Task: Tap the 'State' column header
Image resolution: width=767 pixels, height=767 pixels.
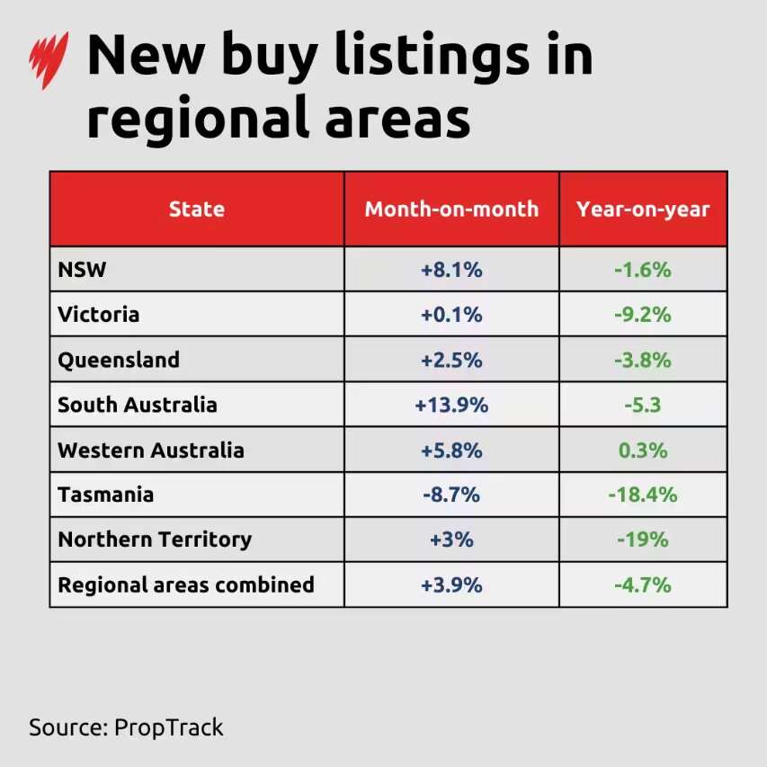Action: coord(196,210)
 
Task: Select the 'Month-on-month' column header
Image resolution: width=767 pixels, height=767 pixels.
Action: coord(451,210)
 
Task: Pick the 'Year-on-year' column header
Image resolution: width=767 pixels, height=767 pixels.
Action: coord(643,210)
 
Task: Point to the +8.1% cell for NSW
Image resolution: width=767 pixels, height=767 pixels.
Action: coord(451,270)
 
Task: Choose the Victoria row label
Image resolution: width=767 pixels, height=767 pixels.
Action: coord(99,315)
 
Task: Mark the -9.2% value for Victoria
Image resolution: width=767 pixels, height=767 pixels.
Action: coord(643,315)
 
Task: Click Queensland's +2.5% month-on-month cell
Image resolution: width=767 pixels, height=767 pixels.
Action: coord(451,360)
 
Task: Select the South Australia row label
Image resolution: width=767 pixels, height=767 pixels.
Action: coord(138,405)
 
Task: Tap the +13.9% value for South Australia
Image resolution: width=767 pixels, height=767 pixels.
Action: coord(451,405)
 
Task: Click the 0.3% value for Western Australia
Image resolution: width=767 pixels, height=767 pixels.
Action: coord(643,450)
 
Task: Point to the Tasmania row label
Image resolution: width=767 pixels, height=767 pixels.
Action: coord(105,495)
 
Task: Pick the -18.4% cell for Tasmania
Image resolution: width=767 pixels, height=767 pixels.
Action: coord(643,495)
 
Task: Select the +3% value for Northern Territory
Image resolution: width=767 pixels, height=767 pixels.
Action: coord(451,540)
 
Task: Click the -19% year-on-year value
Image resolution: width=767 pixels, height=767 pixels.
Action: coord(643,540)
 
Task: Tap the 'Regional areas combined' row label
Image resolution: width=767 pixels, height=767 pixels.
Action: coord(186,584)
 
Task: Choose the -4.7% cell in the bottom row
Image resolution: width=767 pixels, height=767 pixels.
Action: coord(643,584)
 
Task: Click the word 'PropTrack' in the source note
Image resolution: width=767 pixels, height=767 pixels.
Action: coord(168,727)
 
